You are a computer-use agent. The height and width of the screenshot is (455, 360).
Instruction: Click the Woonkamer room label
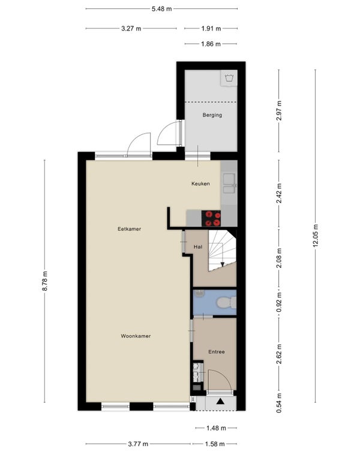pyautogui.click(x=136, y=336)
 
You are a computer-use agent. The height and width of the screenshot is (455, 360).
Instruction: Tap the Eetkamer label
pyautogui.click(x=129, y=229)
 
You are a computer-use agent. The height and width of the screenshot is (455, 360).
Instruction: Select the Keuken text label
pyautogui.click(x=200, y=183)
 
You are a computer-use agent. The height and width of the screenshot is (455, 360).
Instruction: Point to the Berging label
pyautogui.click(x=212, y=115)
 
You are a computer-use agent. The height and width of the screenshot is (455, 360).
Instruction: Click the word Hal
pyautogui.click(x=198, y=247)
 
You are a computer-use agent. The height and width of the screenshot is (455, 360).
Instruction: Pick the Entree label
pyautogui.click(x=217, y=352)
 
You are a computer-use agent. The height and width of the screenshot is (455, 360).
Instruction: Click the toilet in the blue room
pyautogui.click(x=226, y=303)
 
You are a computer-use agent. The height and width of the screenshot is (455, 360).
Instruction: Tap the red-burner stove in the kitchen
pyautogui.click(x=211, y=218)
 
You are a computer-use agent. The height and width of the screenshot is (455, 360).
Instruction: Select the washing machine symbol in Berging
pyautogui.click(x=229, y=78)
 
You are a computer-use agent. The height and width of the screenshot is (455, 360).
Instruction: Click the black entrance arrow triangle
pyautogui.click(x=220, y=401)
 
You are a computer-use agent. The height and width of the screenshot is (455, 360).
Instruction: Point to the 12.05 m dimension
pyautogui.click(x=316, y=236)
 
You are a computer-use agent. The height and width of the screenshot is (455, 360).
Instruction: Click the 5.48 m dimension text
pyautogui.click(x=162, y=9)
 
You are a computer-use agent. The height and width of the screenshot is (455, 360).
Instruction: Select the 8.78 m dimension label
pyautogui.click(x=44, y=281)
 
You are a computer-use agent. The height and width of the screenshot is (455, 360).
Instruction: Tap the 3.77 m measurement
pyautogui.click(x=138, y=444)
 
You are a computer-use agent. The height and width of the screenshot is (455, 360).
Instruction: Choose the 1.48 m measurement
pyautogui.click(x=216, y=428)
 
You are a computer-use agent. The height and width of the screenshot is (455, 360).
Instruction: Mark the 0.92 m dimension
pyautogui.click(x=279, y=302)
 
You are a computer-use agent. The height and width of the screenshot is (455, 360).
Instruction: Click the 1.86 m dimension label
pyautogui.click(x=211, y=44)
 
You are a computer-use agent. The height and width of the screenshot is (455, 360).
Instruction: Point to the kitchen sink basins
pyautogui.click(x=229, y=183)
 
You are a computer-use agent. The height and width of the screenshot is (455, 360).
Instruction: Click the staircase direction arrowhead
pyautogui.click(x=223, y=264)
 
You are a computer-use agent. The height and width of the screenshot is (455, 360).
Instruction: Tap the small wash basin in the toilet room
pyautogui.click(x=199, y=293)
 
